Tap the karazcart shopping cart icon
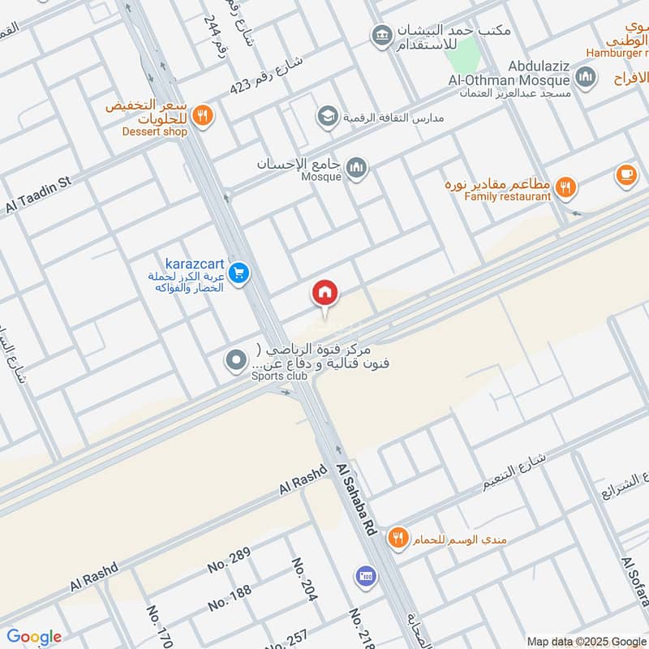238,273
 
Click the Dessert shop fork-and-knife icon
204,115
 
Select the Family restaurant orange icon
567,187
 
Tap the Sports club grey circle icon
236,359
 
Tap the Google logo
33,637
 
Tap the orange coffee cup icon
625,174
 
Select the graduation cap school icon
328,116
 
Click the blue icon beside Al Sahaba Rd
365,577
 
